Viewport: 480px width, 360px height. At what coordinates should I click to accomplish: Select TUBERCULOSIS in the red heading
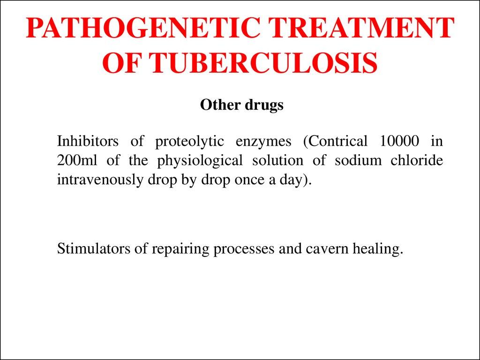263,63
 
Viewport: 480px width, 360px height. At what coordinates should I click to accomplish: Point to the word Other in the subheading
220,105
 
